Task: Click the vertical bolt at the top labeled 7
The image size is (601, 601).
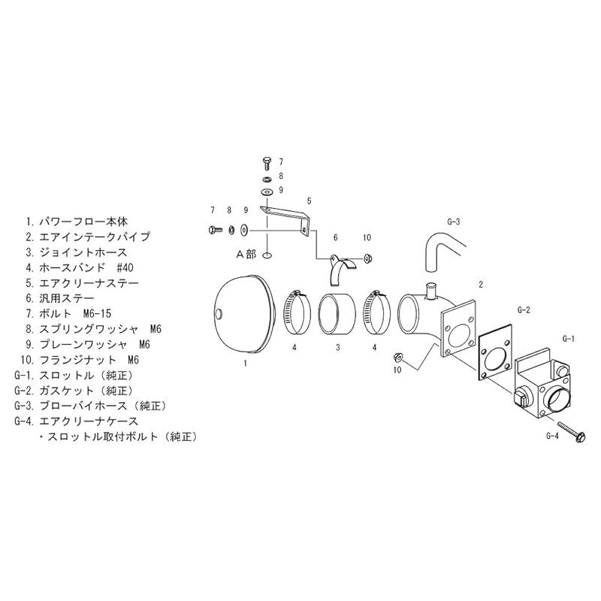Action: [267, 164]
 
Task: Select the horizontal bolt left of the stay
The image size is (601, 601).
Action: [214, 230]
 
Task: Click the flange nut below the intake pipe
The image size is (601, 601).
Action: [397, 358]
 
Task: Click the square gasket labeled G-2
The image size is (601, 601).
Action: [495, 352]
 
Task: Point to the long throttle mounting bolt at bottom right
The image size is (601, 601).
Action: [570, 432]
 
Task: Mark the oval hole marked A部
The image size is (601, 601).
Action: [267, 255]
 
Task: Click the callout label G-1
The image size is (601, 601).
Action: [569, 339]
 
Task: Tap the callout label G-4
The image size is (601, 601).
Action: [552, 436]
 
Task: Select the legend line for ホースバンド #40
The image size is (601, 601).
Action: [80, 267]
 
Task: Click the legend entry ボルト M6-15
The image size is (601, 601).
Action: [68, 313]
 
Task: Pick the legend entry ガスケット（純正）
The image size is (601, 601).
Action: [74, 391]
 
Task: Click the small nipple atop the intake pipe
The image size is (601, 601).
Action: [431, 292]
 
